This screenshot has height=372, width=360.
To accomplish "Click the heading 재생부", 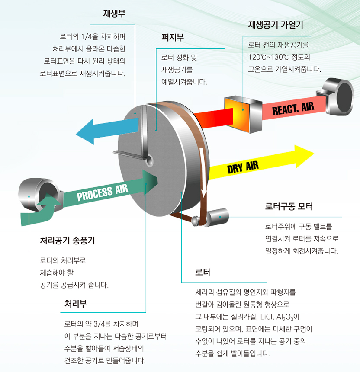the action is (114, 13).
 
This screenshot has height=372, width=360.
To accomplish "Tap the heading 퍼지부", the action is (173, 38).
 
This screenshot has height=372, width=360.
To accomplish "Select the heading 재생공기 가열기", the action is (276, 25).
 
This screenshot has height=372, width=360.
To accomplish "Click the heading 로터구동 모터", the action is (289, 206).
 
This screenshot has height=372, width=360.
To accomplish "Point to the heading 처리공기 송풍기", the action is (67, 241).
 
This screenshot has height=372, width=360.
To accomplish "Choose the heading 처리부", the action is (76, 303).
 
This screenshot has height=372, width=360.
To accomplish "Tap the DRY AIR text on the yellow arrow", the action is (243, 167).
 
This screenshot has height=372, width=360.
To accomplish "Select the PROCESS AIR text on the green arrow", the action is (103, 192).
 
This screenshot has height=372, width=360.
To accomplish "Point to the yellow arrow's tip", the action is (314, 154).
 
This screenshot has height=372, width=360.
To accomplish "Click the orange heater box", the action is (243, 114).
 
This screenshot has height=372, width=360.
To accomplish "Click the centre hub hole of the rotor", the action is (150, 160).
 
